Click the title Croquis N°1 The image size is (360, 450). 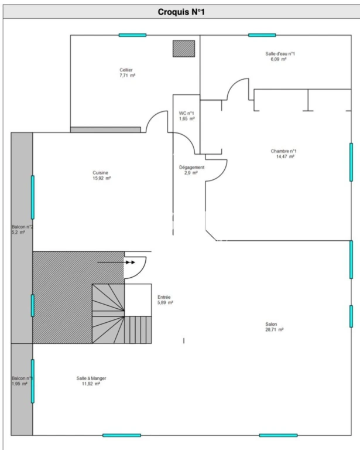point(181,12)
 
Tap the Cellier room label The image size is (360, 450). point(126,70)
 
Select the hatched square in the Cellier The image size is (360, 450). point(184,49)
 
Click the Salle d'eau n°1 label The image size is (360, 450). point(280,54)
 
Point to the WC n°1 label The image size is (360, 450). point(186,113)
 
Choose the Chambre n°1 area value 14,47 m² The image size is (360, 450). point(285,156)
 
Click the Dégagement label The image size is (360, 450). point(192,168)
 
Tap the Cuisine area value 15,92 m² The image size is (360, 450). point(101,178)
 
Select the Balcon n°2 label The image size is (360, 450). point(22,227)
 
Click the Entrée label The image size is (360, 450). point(164,297)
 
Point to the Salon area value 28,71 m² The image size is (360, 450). point(275,330)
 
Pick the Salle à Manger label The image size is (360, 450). point(91,379)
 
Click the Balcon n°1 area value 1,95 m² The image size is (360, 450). point(19,384)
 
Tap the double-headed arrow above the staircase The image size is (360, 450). point(116,262)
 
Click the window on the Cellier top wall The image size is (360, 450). point(132,35)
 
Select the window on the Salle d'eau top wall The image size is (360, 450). point(262,35)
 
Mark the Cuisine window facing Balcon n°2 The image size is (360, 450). point(33,197)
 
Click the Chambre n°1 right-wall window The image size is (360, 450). point(351,162)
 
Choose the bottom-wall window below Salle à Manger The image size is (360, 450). point(122,435)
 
